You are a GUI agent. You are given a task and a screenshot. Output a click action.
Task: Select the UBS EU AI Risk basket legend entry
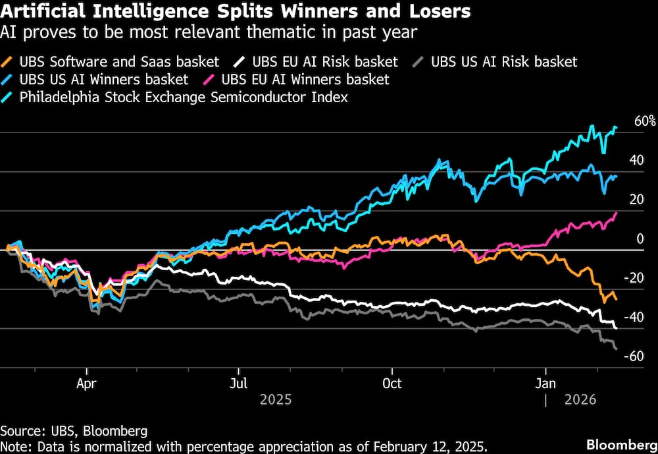point(322,62)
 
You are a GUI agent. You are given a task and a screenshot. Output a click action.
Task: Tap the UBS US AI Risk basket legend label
point(503,62)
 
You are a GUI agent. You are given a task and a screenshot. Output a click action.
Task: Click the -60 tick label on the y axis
point(635,356)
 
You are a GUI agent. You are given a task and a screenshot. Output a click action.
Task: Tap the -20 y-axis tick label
point(635,277)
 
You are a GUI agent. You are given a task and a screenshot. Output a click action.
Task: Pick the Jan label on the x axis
point(545,382)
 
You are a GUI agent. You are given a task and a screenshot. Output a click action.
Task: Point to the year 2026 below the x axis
point(580,399)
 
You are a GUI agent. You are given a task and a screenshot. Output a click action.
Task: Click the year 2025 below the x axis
point(276,399)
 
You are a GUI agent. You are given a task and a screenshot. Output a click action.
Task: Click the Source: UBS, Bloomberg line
point(74,431)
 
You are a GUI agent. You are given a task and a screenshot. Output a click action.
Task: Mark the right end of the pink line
point(617,213)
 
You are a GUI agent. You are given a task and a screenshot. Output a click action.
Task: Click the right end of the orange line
point(617,300)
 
